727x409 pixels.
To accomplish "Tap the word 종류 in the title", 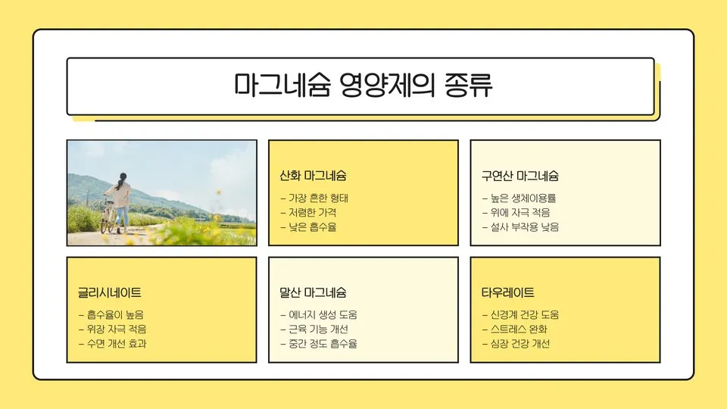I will click(x=467, y=86).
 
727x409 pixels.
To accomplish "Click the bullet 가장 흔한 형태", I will click(x=314, y=198).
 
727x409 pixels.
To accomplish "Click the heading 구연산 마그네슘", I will click(x=520, y=176).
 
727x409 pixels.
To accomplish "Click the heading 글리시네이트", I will click(x=109, y=293).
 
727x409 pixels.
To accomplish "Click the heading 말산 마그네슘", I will click(x=313, y=293).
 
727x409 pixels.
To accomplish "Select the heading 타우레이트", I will click(x=507, y=293).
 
